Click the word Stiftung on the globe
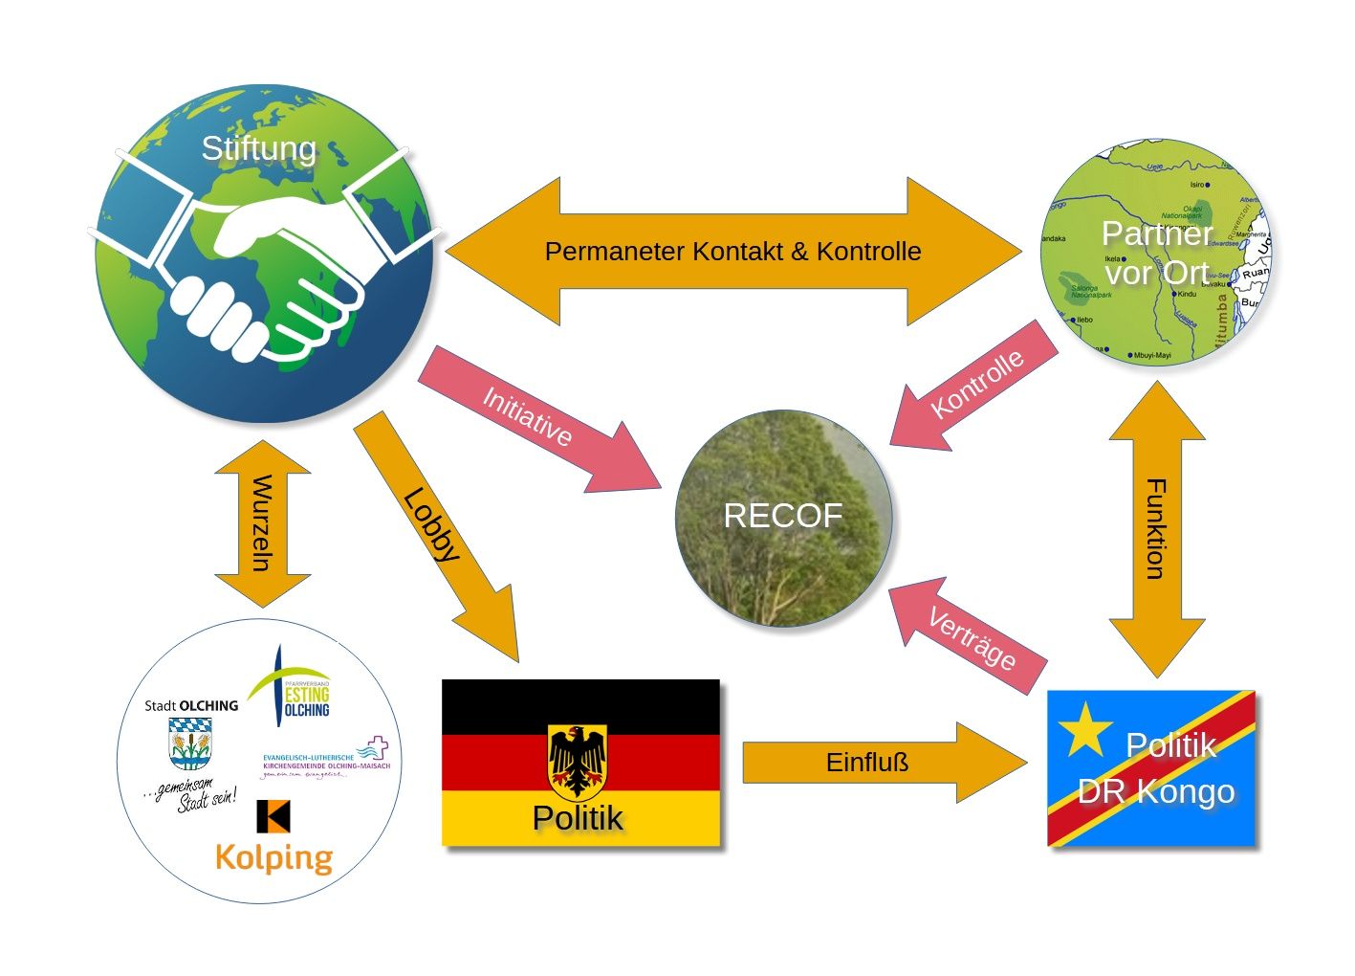click(x=258, y=149)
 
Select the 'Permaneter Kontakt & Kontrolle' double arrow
click(x=732, y=252)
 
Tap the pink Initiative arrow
click(x=535, y=421)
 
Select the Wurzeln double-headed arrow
click(x=262, y=523)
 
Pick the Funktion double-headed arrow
click(x=1156, y=529)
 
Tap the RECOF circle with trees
click(x=783, y=518)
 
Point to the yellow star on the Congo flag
click(x=1086, y=729)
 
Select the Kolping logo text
click(x=274, y=857)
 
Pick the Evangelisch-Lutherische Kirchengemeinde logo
click(x=326, y=758)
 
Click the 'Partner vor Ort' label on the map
click(x=1157, y=253)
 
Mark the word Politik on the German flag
click(x=578, y=819)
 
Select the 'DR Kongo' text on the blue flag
click(x=1156, y=792)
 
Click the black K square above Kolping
click(x=273, y=815)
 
